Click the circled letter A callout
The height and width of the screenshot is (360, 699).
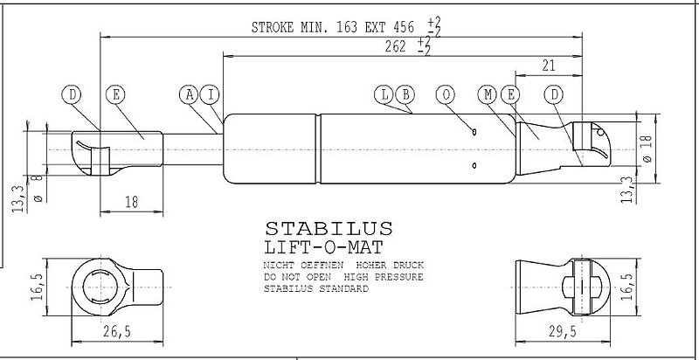190,95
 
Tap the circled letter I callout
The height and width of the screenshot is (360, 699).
211,95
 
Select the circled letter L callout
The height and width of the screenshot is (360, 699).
384,95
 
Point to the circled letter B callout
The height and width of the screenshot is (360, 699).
405,95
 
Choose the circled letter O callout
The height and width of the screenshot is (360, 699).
446,95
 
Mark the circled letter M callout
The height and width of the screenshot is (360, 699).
488,95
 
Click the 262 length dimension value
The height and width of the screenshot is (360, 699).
396,46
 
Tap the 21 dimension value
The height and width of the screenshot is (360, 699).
549,66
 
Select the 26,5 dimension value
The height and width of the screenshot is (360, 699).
117,331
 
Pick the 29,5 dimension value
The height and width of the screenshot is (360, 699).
562,331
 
